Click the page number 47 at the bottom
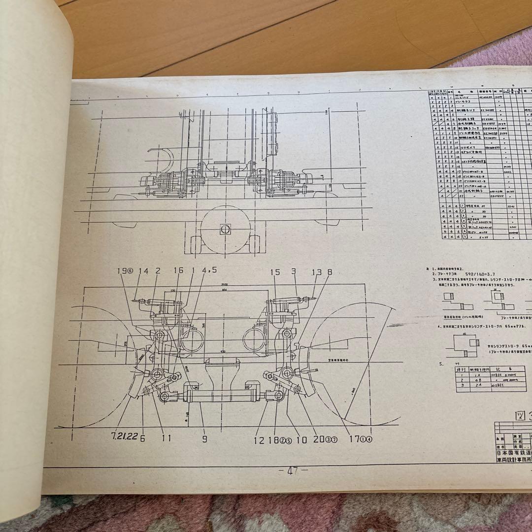[x=294, y=470]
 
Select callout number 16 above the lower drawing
[x=178, y=271]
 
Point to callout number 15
[x=274, y=272]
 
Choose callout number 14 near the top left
[x=143, y=271]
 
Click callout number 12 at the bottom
[x=259, y=440]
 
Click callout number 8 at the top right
[x=329, y=272]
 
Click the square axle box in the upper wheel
[x=224, y=229]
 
